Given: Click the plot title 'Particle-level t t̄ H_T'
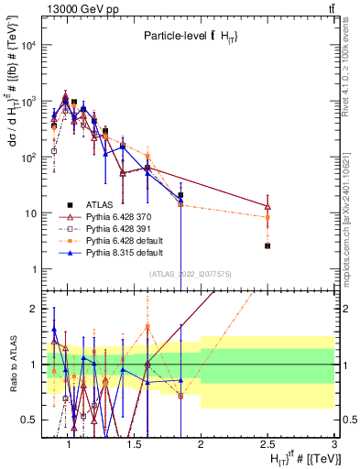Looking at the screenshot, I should click(x=191, y=36).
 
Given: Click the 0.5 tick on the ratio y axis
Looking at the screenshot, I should click(x=34, y=420).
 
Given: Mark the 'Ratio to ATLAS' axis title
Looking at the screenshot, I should click(x=11, y=363).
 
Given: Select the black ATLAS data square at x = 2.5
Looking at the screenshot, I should click(x=267, y=245).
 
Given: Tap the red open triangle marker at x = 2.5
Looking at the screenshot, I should click(x=267, y=206).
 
